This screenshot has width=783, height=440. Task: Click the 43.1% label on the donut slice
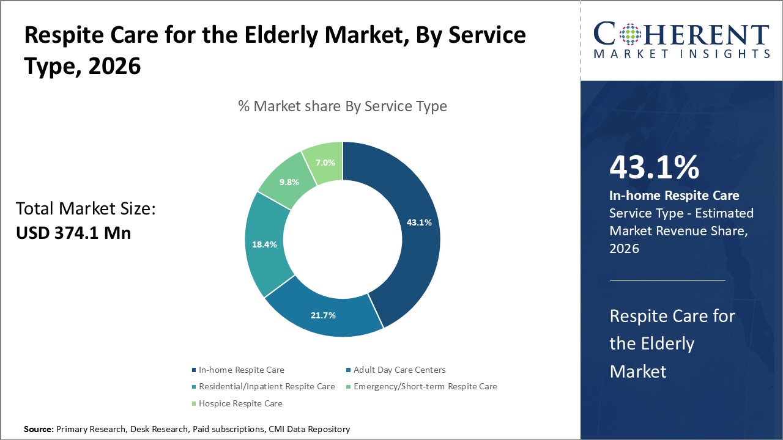[x=419, y=222]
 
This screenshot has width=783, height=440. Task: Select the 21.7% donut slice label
[x=323, y=315]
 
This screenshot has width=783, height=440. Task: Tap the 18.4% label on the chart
[x=264, y=244]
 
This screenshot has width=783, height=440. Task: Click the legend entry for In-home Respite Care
[x=241, y=370]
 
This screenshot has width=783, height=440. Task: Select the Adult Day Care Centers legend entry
[x=399, y=370]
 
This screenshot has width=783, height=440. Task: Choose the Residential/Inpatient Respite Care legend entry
[x=266, y=386]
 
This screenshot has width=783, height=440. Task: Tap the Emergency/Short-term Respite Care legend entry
[x=425, y=386]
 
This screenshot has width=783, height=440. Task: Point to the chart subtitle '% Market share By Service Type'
[x=343, y=106]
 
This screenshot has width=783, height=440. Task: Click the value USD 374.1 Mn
[x=73, y=233]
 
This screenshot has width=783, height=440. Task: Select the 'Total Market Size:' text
[x=86, y=210]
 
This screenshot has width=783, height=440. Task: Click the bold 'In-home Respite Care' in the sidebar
[x=674, y=196]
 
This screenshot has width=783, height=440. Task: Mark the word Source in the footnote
[x=38, y=430]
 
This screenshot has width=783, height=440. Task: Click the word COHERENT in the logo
[x=681, y=34]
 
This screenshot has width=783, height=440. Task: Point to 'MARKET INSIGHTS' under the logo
[x=681, y=54]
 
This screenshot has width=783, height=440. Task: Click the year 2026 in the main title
[x=114, y=67]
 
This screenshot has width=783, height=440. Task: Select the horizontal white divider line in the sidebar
[x=667, y=280]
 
